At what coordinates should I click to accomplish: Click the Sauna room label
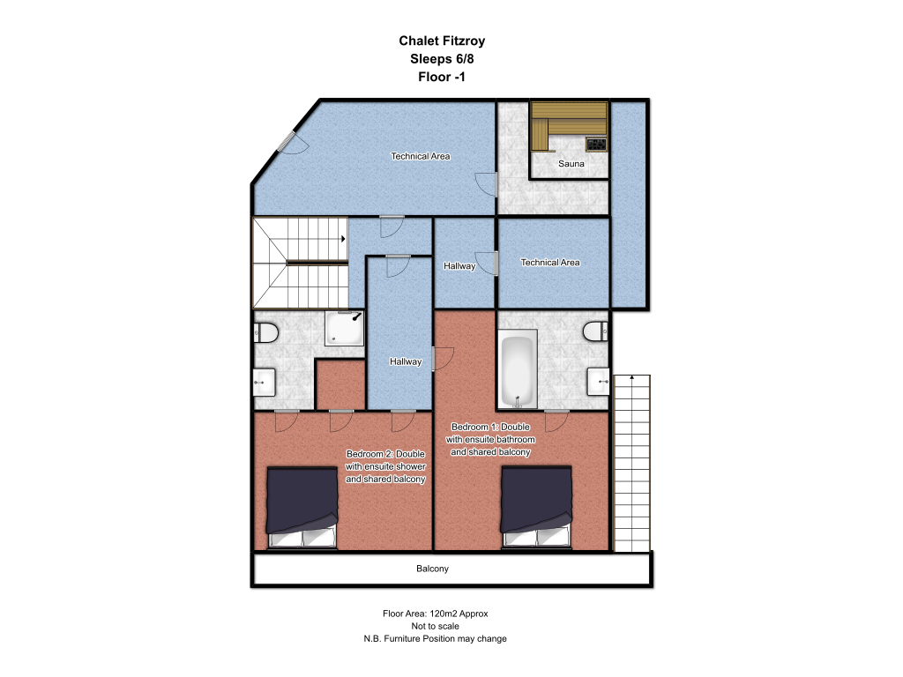[571, 163]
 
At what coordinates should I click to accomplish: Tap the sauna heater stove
[596, 144]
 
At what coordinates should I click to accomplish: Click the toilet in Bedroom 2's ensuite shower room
[265, 332]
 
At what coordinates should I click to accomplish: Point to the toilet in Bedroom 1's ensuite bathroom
[595, 331]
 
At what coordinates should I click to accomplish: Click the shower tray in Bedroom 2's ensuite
[345, 328]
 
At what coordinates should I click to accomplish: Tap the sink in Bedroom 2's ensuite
[264, 383]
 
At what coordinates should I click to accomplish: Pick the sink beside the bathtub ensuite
[598, 382]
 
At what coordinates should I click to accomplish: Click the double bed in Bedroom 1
[537, 507]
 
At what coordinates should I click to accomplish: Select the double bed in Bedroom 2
[302, 508]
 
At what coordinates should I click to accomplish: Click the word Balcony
[432, 569]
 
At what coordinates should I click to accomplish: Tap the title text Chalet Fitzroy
[443, 41]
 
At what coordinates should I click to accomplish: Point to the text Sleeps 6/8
[443, 59]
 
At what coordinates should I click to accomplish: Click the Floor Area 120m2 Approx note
[436, 614]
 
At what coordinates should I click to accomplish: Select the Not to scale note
[436, 627]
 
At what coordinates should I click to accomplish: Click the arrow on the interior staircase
[343, 238]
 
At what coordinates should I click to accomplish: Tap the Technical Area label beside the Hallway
[550, 263]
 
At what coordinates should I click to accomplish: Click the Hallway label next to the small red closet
[406, 361]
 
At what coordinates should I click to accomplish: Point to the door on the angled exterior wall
[287, 142]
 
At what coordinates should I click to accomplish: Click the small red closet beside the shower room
[341, 384]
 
